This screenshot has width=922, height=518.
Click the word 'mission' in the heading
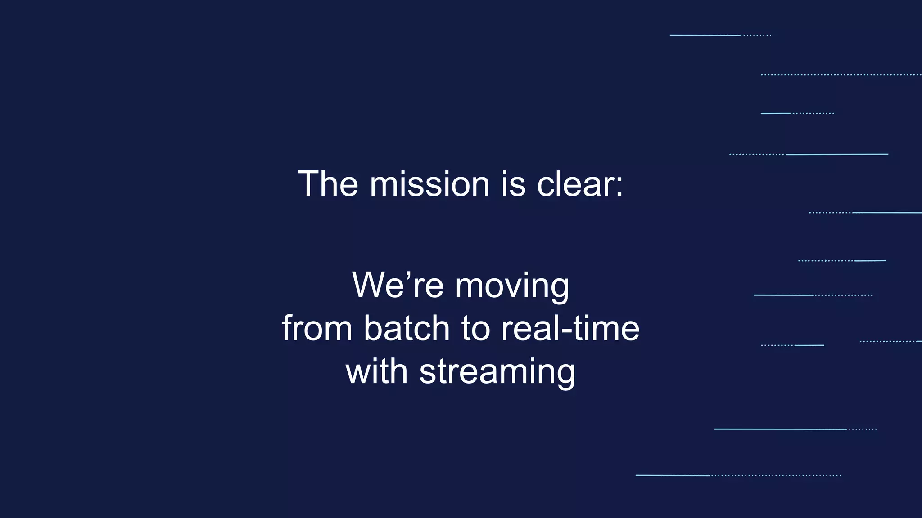pos(429,184)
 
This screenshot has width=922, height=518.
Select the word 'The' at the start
pos(328,184)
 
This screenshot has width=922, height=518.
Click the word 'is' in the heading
pos(513,184)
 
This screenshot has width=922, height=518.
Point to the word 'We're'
pos(398,285)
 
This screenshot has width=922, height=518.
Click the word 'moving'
pos(512,286)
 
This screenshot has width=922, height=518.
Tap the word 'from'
pos(316,328)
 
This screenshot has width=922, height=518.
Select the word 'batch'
pos(407,328)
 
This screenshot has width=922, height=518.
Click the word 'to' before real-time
pos(475,328)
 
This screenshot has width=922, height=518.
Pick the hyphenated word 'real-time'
pos(570,328)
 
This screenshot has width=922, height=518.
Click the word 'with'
pos(376,371)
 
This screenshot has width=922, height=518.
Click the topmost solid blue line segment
pos(705,35)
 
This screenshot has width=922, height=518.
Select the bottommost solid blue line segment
pos(672,475)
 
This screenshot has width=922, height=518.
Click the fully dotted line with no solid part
pos(841,74)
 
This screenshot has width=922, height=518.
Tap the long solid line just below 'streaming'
pos(780,429)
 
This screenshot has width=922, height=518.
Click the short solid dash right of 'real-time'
pos(809,345)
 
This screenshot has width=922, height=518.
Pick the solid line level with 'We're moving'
pos(783,295)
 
